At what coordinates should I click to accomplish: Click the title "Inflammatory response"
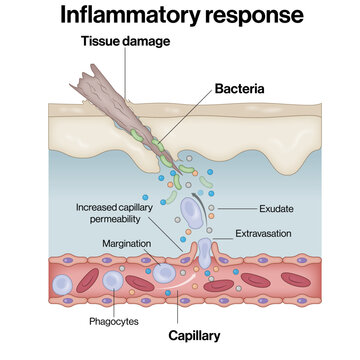pyautogui.click(x=180, y=16)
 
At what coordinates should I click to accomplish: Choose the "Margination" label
pyautogui.click(x=128, y=244)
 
